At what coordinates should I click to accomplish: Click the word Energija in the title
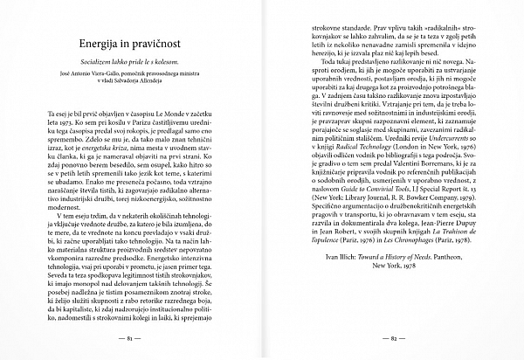point(103,42)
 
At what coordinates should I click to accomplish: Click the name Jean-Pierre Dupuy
point(444,250)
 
